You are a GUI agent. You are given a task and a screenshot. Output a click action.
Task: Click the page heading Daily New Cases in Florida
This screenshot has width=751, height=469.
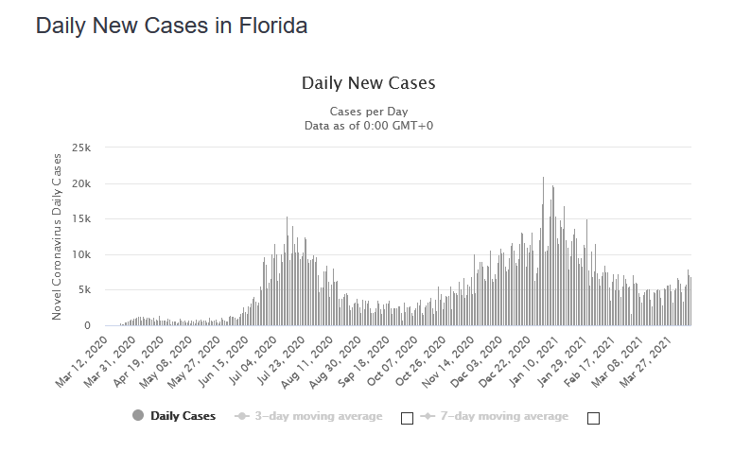(x=171, y=26)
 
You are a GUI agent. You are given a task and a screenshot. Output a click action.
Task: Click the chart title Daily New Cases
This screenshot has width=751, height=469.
(x=368, y=83)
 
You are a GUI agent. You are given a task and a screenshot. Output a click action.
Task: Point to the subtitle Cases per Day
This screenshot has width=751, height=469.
(x=368, y=112)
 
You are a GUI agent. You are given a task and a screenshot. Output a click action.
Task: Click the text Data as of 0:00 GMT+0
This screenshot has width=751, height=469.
(x=368, y=125)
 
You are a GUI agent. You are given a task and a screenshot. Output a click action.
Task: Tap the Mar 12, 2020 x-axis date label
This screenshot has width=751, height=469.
(x=82, y=357)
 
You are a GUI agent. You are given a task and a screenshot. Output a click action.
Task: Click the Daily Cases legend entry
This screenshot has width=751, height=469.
(x=183, y=416)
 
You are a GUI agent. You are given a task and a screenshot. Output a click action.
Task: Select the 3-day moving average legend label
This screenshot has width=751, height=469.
(x=319, y=416)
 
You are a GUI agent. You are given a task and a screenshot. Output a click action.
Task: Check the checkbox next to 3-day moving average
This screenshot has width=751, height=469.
(x=408, y=418)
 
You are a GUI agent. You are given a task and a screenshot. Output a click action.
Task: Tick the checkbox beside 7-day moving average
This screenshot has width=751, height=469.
(x=594, y=418)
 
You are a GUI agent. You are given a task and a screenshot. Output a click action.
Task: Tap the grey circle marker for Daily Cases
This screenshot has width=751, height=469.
(x=138, y=416)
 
